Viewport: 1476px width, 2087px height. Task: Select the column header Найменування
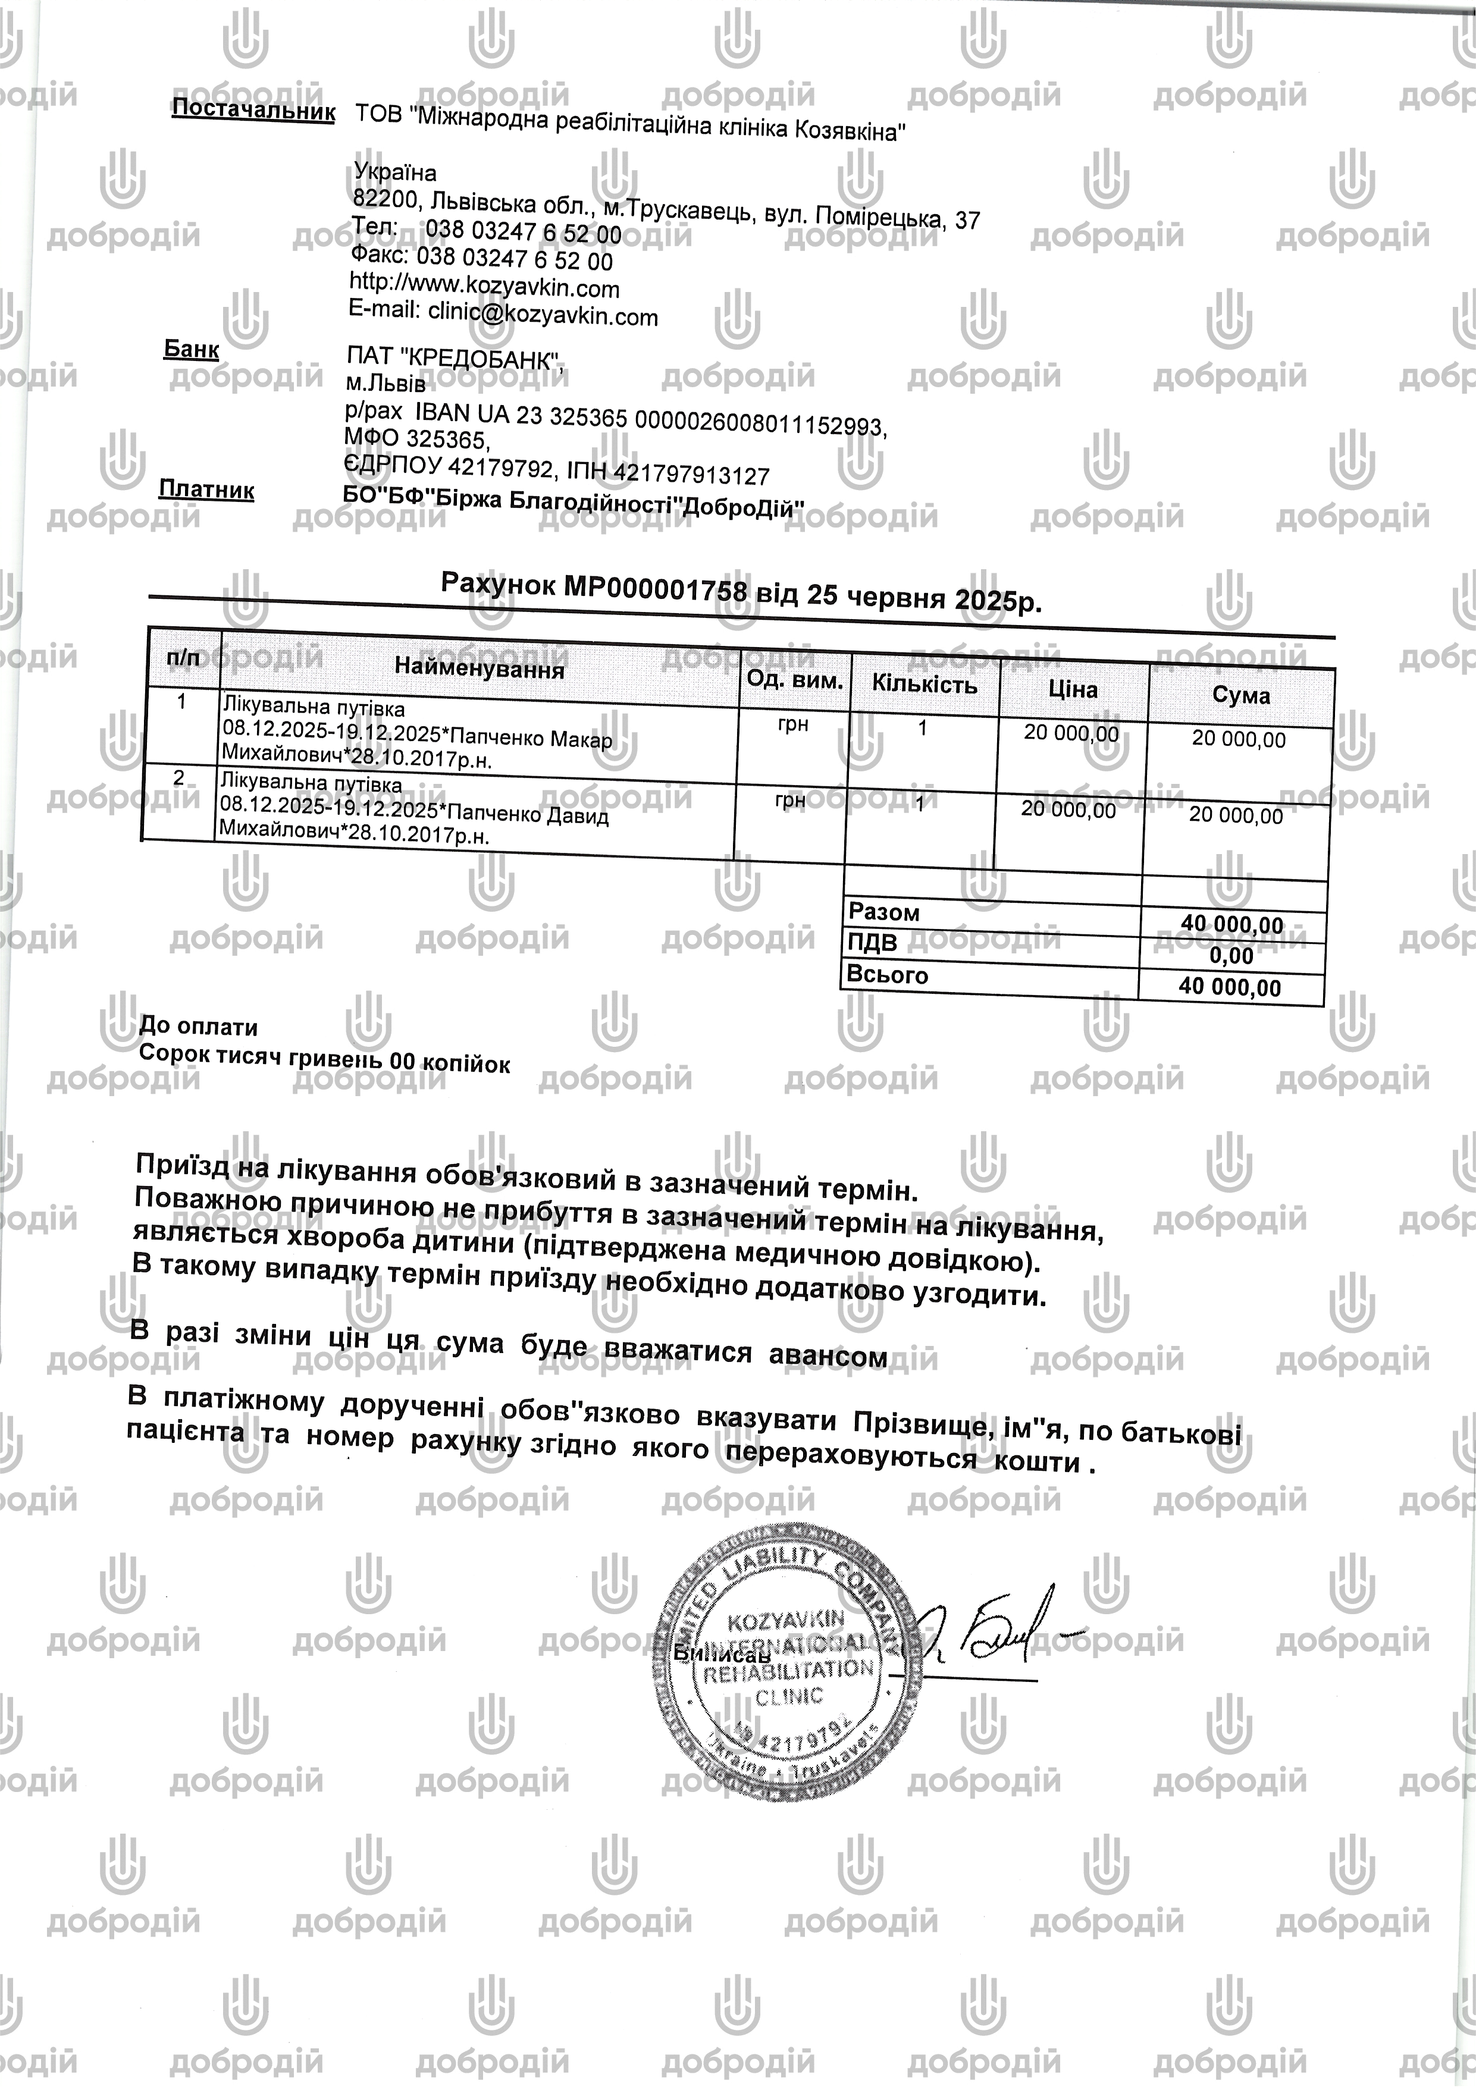coord(480,669)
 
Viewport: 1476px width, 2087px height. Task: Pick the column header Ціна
coord(1073,690)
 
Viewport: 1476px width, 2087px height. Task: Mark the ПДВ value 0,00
coord(1231,955)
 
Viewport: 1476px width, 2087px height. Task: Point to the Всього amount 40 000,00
coord(1230,987)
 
